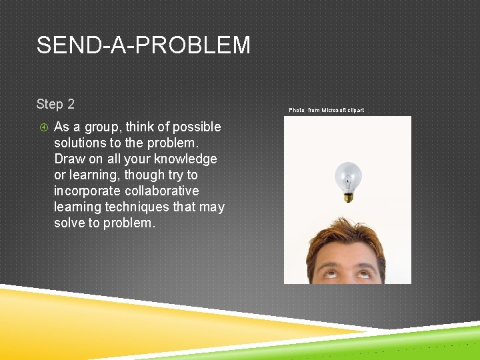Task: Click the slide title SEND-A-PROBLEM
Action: (x=143, y=45)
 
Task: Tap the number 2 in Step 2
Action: (x=70, y=104)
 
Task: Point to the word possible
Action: (x=197, y=127)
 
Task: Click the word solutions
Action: (x=81, y=143)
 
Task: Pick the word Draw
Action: (x=69, y=159)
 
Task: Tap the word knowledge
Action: (x=185, y=159)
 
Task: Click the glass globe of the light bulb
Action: (x=347, y=175)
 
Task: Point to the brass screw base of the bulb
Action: (x=347, y=195)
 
